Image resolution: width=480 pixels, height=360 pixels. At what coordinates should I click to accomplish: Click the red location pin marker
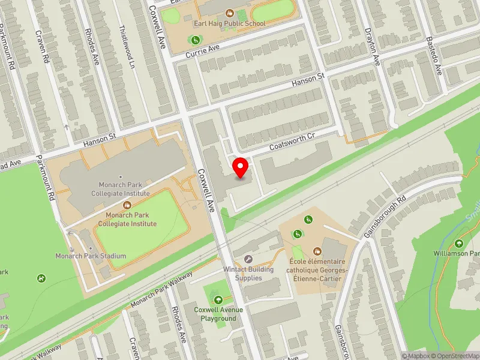pyautogui.click(x=241, y=167)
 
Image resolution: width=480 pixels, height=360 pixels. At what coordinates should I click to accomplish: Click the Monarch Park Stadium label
pyautogui.click(x=91, y=256)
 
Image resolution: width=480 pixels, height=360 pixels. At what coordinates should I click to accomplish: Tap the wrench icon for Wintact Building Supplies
pyautogui.click(x=248, y=259)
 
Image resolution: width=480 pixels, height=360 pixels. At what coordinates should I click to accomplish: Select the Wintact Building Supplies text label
pyautogui.click(x=248, y=274)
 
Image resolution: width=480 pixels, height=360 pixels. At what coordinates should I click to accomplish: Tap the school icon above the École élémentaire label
pyautogui.click(x=316, y=251)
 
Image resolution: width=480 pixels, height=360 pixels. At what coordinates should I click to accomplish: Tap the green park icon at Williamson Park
pyautogui.click(x=459, y=243)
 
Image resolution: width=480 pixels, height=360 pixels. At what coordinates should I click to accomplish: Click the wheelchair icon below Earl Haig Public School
pyautogui.click(x=195, y=40)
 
